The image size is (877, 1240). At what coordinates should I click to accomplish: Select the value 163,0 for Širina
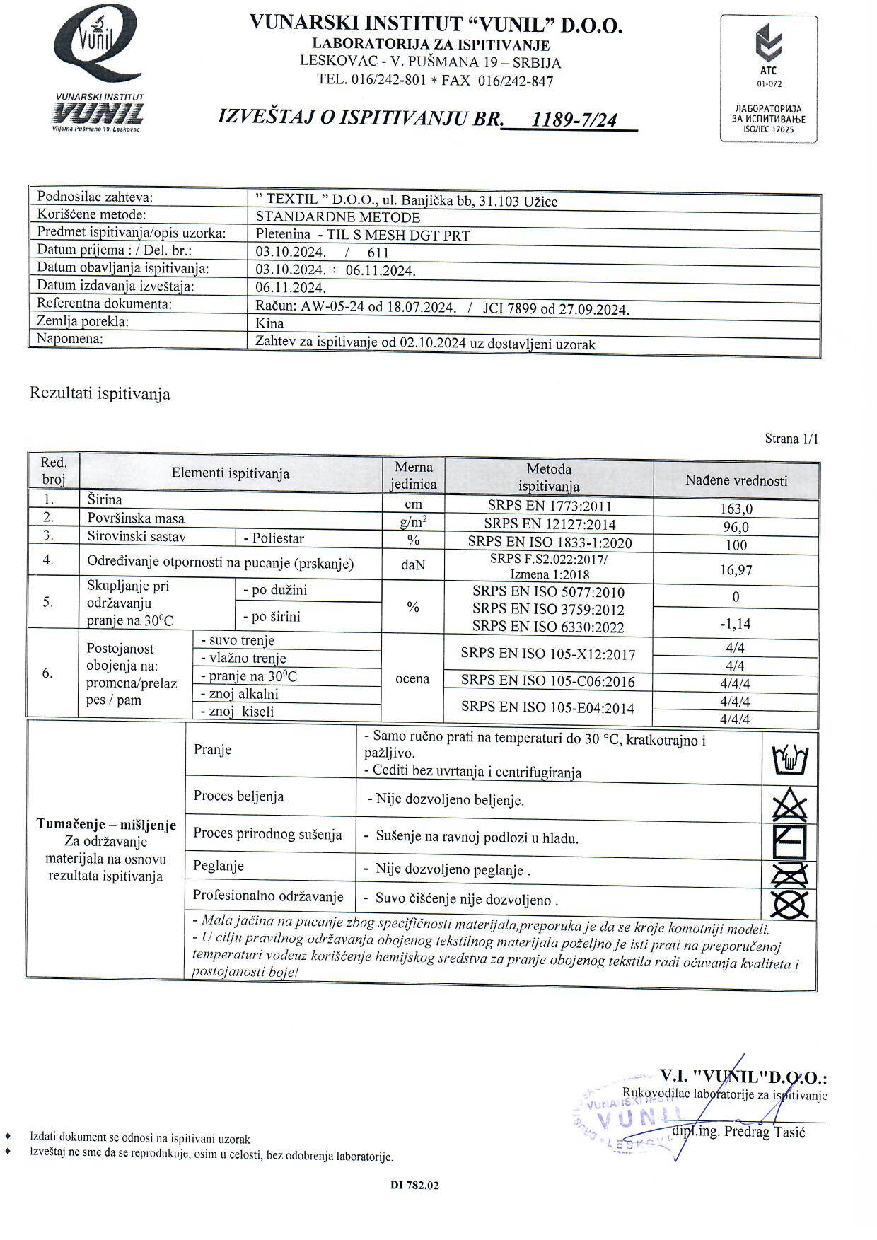point(736,509)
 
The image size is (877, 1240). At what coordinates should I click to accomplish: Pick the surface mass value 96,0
point(736,527)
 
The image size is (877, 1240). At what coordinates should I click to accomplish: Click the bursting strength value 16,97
point(736,569)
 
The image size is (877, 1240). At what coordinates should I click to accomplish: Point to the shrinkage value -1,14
point(736,624)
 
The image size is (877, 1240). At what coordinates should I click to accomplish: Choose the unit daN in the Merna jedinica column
point(413,565)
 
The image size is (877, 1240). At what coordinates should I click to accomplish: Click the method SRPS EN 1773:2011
point(550,506)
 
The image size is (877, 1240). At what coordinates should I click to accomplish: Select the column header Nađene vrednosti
point(736,481)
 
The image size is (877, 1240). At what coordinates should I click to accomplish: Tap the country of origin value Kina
point(269,324)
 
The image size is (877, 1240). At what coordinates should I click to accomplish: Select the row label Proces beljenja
point(239,796)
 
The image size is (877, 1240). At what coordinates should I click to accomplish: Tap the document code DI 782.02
point(414,1186)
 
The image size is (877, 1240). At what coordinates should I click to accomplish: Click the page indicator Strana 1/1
point(791,439)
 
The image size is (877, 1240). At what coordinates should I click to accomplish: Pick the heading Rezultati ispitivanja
point(100,394)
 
